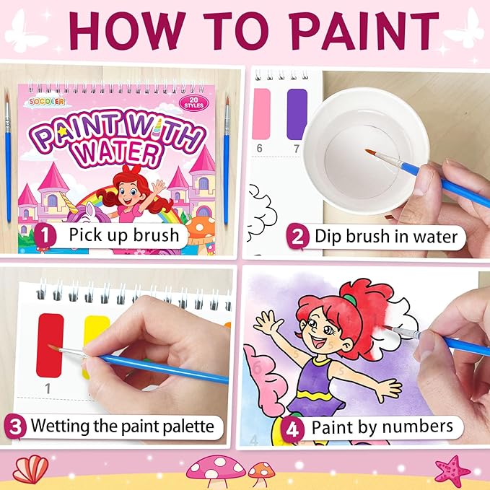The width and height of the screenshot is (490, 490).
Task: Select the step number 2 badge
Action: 296,235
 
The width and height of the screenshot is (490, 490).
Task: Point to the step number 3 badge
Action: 14,426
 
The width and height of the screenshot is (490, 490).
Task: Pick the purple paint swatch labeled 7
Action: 297,113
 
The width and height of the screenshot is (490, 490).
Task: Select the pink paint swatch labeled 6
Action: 261,114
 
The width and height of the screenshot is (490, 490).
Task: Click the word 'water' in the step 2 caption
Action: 431,236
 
